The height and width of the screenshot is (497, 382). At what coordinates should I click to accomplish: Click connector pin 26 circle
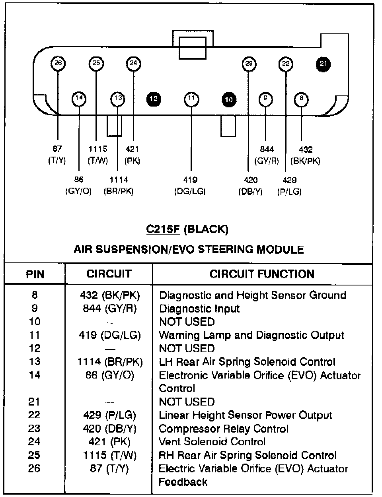click(x=58, y=63)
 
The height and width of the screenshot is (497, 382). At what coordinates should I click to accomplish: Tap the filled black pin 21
click(x=323, y=64)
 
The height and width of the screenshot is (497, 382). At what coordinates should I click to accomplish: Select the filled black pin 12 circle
click(x=154, y=99)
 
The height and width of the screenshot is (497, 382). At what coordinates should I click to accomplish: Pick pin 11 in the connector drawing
click(x=191, y=99)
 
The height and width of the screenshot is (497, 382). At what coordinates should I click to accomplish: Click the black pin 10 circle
click(x=228, y=99)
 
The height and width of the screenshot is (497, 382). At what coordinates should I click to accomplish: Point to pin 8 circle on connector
click(x=301, y=99)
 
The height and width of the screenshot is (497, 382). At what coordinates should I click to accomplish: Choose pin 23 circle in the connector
click(x=249, y=64)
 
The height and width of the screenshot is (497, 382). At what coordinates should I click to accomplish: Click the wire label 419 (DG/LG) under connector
click(x=190, y=186)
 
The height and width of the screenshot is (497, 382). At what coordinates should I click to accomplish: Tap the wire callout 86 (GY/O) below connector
click(x=78, y=186)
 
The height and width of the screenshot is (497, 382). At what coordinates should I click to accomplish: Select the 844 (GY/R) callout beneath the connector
click(x=267, y=155)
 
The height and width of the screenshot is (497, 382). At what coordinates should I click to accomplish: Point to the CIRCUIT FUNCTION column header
click(x=262, y=274)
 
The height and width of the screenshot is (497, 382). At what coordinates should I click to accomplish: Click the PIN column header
click(x=35, y=274)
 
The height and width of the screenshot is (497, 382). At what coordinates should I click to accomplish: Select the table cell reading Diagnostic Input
click(x=199, y=309)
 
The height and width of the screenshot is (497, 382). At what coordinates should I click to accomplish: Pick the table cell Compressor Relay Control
click(x=223, y=429)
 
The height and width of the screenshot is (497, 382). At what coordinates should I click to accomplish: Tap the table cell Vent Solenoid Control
click(x=212, y=442)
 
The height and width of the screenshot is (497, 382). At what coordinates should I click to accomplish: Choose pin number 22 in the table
click(x=34, y=415)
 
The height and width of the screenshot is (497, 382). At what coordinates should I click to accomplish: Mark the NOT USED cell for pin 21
click(x=186, y=402)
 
